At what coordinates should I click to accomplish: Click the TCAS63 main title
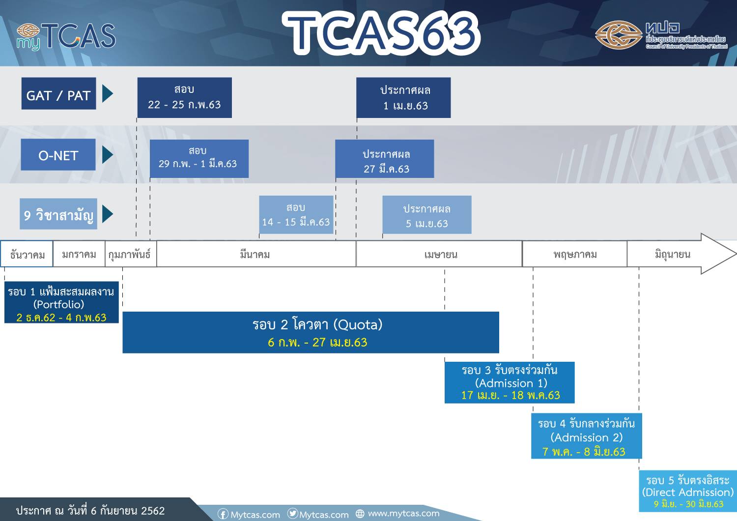[381, 33]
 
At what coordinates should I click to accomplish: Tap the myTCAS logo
[66, 36]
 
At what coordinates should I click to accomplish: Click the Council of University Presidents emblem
[618, 35]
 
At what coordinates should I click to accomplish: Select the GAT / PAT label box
[58, 94]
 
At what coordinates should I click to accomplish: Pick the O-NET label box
[58, 155]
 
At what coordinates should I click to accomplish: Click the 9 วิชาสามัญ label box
[58, 214]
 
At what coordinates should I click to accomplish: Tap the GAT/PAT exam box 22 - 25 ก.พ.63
[184, 97]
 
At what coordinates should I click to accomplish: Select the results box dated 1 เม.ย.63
[403, 97]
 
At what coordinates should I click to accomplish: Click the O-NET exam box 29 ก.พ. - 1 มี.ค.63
[198, 158]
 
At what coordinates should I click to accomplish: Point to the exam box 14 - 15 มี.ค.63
[296, 214]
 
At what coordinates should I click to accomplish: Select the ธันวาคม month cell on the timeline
[27, 254]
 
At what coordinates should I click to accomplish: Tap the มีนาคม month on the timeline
[255, 254]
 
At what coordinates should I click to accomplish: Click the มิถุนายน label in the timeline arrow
[672, 254]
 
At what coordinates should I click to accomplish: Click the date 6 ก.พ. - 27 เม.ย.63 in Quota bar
[317, 343]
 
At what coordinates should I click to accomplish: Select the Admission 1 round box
[510, 382]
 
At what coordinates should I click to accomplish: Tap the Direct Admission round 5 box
[688, 491]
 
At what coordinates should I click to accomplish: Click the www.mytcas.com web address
[403, 513]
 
